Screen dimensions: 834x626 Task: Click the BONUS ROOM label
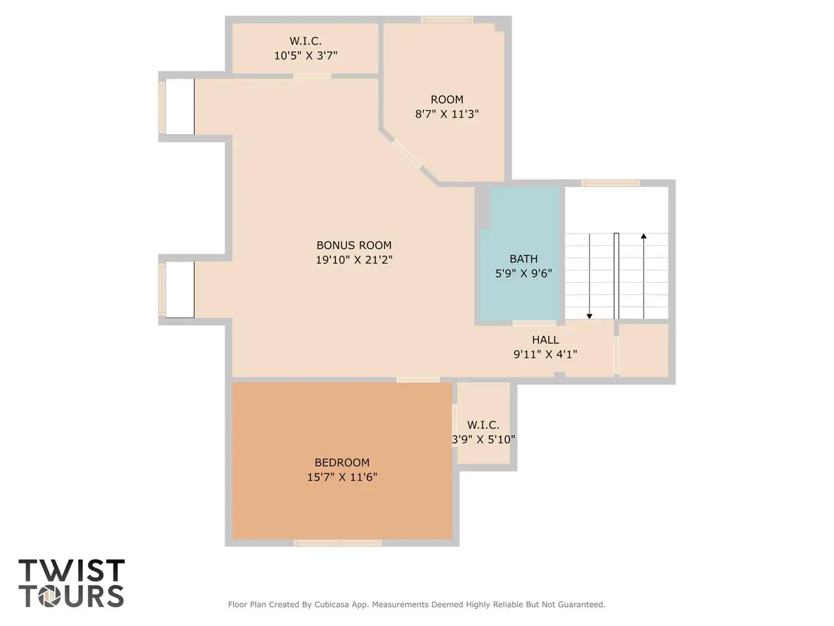tap(354, 245)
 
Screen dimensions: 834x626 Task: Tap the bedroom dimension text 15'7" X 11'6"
tap(342, 477)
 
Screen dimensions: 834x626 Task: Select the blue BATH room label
tap(523, 259)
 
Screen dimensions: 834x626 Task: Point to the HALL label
tap(545, 340)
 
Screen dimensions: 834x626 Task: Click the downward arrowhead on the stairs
tap(589, 316)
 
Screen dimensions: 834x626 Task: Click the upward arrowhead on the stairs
tap(644, 236)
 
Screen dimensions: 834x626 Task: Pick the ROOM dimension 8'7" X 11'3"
tap(447, 114)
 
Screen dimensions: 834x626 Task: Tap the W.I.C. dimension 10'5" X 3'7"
tap(306, 55)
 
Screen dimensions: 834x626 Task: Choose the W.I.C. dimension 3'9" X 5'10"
tap(483, 440)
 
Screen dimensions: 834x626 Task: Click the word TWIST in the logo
tap(72, 570)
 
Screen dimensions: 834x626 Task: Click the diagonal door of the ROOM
tap(407, 153)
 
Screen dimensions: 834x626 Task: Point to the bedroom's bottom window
tap(338, 543)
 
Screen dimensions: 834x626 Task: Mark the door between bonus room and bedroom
tap(418, 380)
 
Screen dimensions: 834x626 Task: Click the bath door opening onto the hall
tap(534, 323)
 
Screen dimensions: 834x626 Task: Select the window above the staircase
tap(611, 183)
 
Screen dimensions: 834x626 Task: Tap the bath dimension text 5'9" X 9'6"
tap(523, 273)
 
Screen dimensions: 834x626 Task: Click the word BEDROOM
tap(342, 462)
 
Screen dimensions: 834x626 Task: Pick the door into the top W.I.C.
tap(312, 76)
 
